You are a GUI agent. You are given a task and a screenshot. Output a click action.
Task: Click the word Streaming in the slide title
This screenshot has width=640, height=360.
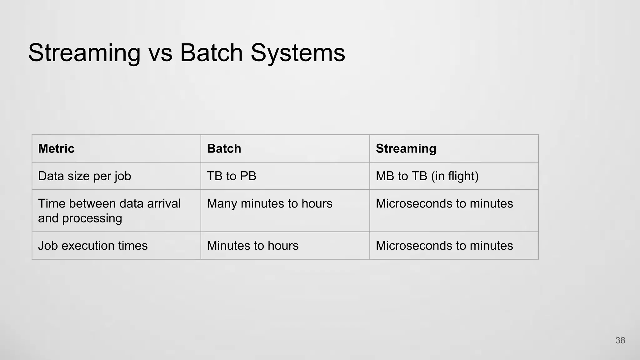84,53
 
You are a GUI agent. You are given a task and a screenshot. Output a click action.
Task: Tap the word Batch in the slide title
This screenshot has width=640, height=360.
211,53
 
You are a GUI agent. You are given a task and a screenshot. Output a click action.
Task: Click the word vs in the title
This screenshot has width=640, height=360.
160,53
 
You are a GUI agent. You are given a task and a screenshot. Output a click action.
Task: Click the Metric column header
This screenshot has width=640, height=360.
56,148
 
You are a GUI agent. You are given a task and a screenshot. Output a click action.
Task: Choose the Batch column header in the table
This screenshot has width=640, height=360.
224,148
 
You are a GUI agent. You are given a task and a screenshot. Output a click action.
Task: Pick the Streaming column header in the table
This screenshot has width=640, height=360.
406,148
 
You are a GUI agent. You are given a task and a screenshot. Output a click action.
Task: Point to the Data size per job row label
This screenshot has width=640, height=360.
84,176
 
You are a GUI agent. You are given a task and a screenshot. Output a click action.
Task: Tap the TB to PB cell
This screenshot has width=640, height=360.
231,176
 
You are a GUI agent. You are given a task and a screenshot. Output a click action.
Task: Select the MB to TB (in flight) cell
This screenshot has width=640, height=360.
427,176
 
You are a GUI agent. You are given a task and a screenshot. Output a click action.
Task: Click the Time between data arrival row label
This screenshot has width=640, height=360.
109,204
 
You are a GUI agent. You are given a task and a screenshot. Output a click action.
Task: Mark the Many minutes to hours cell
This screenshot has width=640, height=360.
269,204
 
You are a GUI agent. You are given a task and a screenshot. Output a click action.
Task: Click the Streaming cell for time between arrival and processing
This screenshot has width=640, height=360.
444,204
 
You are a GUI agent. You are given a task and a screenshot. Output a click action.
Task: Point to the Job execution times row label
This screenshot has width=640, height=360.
92,246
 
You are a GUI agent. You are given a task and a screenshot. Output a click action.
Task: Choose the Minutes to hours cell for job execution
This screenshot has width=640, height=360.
252,246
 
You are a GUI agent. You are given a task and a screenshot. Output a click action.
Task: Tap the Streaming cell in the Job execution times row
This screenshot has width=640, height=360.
444,246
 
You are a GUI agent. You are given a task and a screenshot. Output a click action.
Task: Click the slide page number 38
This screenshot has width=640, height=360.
620,340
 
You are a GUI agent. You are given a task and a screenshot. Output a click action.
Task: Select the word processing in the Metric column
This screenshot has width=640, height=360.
92,218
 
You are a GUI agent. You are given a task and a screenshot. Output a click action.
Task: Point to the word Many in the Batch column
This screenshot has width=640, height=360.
222,204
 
